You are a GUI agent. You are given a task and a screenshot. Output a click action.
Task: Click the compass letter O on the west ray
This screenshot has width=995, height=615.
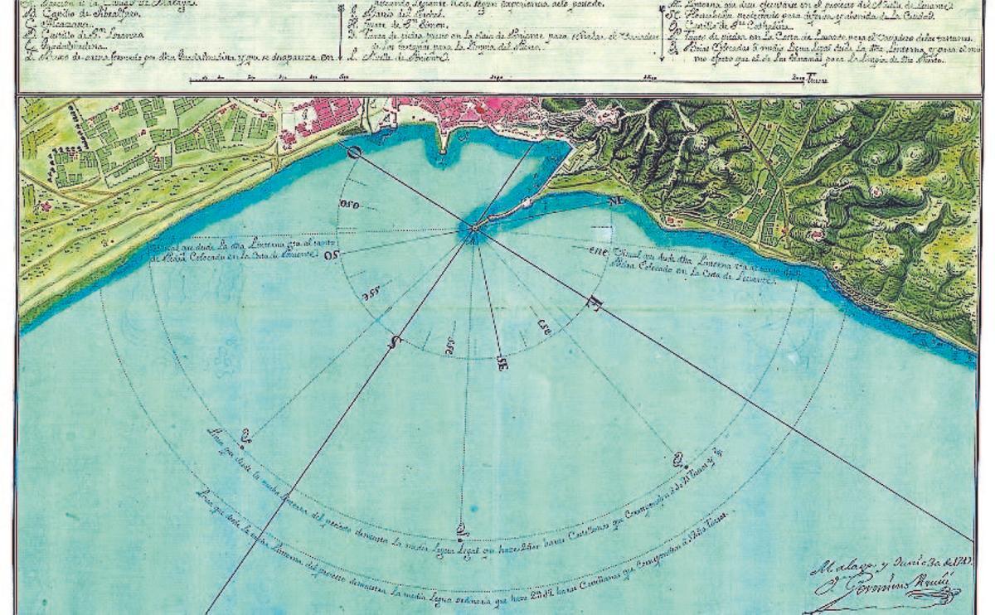[354, 152]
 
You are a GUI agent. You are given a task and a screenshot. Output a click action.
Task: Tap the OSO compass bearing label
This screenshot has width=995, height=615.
[352, 206]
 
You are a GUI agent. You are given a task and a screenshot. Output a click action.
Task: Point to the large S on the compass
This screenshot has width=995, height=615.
[396, 341]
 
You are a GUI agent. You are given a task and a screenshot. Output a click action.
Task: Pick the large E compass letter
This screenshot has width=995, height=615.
[593, 304]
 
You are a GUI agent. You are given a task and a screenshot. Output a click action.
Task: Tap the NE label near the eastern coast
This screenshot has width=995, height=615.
[615, 201]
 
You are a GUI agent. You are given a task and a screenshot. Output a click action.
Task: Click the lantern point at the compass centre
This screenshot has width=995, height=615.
[472, 230]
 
